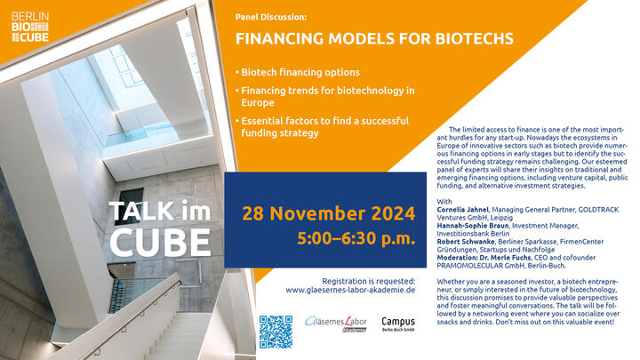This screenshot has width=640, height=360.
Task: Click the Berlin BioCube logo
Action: (x=30, y=27)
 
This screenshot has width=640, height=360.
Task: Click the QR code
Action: (x=276, y=332)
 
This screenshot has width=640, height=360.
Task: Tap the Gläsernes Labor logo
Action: (x=336, y=324)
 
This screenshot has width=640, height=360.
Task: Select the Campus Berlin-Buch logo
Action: (x=398, y=324)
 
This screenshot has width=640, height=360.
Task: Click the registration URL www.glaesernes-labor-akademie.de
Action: (x=350, y=290)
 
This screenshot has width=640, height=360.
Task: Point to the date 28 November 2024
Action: (x=329, y=213)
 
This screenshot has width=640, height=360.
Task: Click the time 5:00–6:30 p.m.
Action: (x=356, y=238)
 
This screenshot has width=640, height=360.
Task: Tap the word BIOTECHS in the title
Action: (x=474, y=38)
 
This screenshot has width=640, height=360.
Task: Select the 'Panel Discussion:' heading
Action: (x=270, y=17)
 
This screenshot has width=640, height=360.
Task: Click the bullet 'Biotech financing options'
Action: (x=300, y=72)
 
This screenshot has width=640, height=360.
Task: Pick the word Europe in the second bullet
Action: (x=258, y=102)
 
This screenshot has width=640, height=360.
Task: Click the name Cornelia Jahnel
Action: (x=462, y=210)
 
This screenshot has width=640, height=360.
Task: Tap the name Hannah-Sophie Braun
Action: (x=473, y=225)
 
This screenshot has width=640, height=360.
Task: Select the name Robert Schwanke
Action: (x=466, y=242)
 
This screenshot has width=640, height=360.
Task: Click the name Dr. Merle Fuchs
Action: (x=511, y=258)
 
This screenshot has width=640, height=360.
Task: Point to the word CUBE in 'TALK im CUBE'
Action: (x=160, y=243)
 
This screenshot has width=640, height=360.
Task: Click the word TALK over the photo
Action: (x=141, y=211)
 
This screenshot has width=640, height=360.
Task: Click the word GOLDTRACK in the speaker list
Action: (x=598, y=210)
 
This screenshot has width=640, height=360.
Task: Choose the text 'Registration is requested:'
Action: (x=369, y=281)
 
